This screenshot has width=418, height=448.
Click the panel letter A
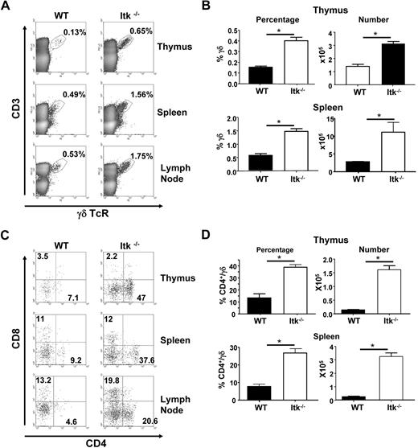click(x=6, y=7)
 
